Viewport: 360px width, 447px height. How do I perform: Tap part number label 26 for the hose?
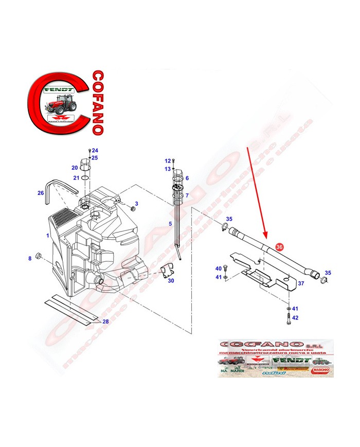pos(41,193)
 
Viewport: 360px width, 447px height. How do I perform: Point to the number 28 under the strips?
pos(105,321)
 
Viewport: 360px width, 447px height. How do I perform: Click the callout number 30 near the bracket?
pos(171,280)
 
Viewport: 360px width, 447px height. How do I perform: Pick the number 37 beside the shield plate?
pos(302,283)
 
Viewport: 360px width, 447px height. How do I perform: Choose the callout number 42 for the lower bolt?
pos(295,318)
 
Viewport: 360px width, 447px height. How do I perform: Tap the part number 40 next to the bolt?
pos(218,269)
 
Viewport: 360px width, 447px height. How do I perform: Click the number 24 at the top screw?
pos(95,150)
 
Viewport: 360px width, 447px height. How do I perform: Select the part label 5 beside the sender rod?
pos(170,224)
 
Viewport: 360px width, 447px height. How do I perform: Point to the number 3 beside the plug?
pos(137,204)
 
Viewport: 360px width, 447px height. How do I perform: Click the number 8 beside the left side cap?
pos(30,258)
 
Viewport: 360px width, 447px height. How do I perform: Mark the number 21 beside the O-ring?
pos(76,178)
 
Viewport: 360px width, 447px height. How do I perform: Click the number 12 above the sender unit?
pos(167,161)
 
